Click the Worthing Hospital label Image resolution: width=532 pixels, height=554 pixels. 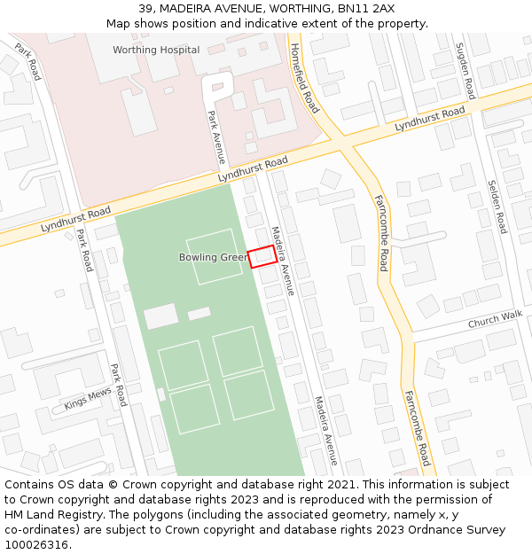click(156, 50)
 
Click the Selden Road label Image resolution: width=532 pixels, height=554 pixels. click(497, 206)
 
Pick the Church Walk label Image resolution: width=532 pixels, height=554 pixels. click(496, 320)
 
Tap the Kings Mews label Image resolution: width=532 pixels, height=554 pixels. click(88, 399)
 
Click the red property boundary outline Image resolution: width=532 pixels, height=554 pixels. click(261, 256)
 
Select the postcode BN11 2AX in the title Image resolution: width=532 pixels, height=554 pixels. click(366, 8)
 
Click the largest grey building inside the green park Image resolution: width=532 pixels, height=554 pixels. click(161, 316)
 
